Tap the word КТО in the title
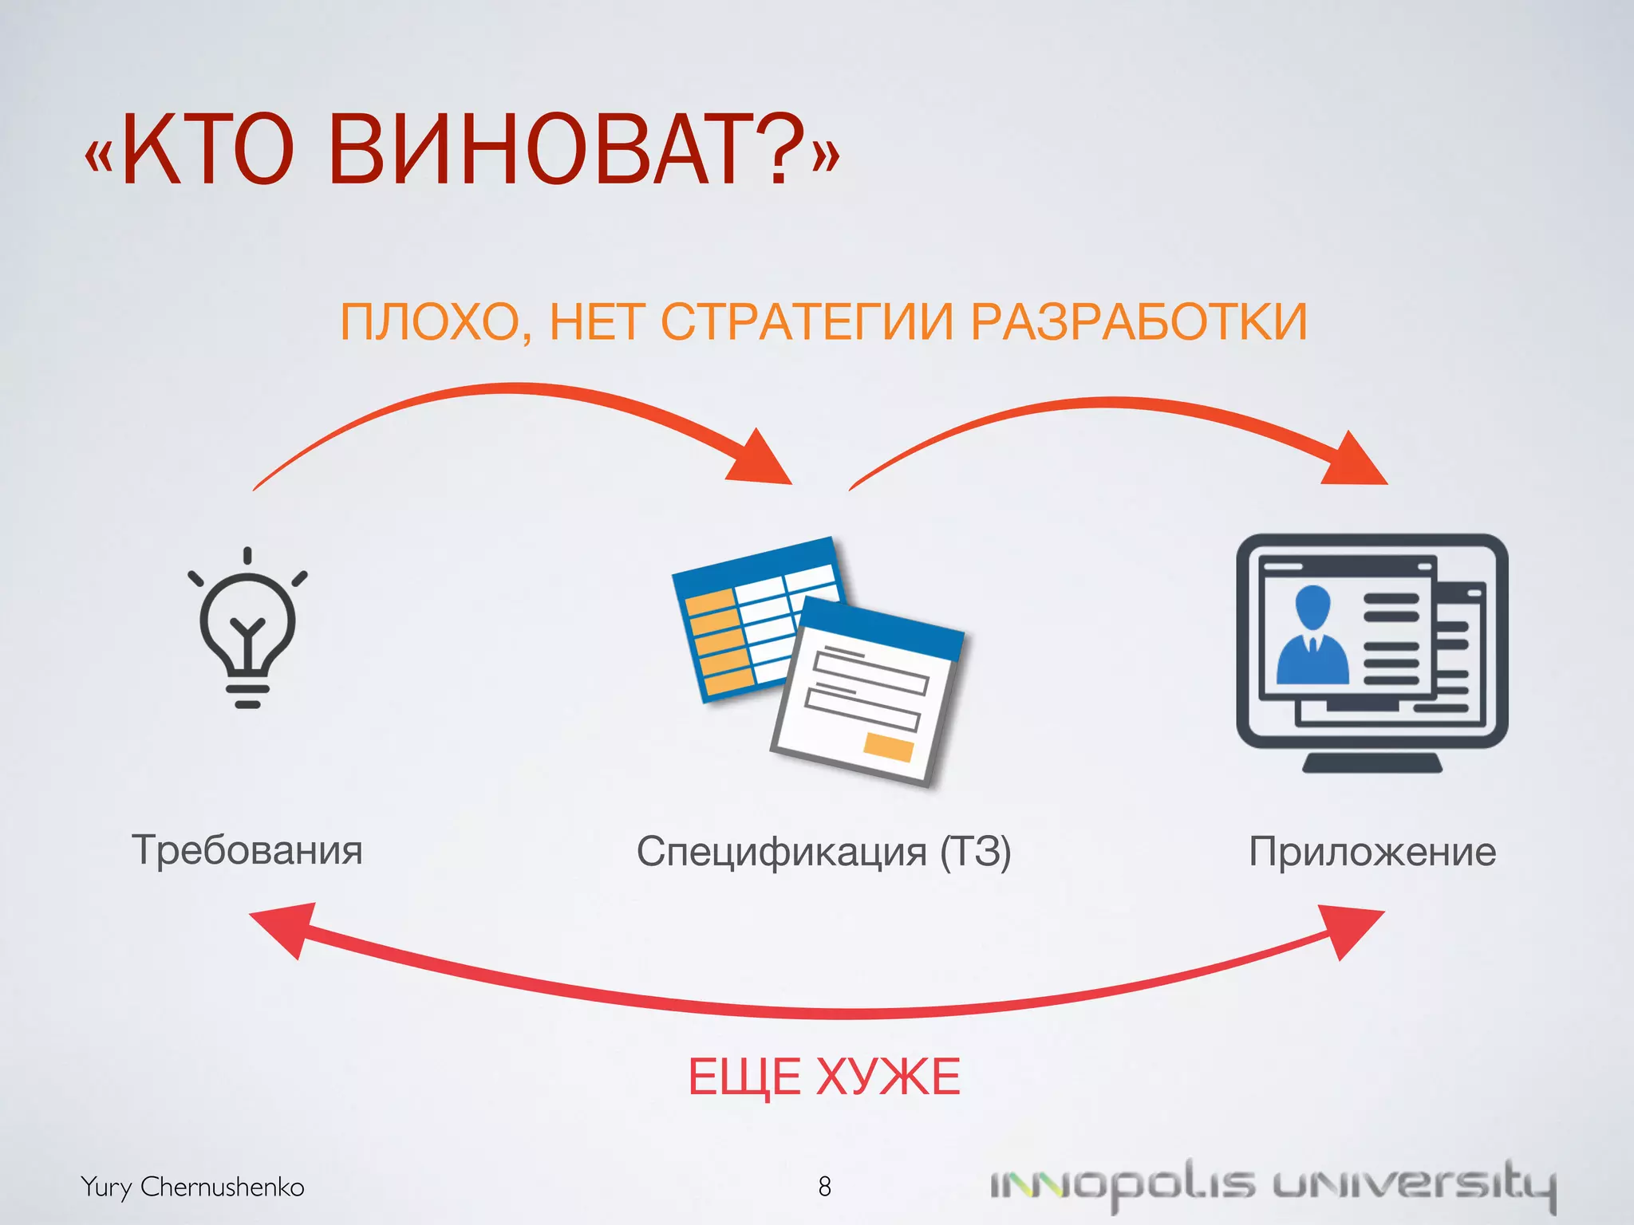[209, 150]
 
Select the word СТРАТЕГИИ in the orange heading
[807, 322]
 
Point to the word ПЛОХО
[430, 322]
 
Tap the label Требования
[247, 850]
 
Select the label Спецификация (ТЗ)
[823, 852]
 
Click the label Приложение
[1372, 852]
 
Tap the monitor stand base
[1372, 763]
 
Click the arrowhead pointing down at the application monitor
[1356, 462]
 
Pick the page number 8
[824, 1187]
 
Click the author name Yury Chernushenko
[192, 1187]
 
